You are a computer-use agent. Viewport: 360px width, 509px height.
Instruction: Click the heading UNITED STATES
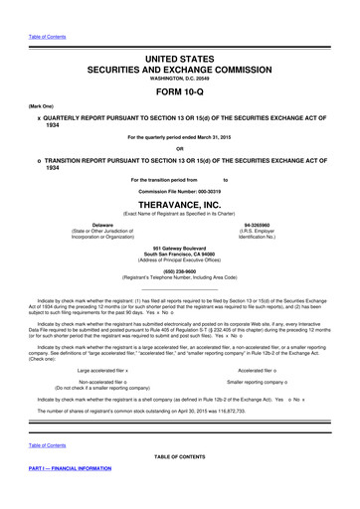(180, 62)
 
